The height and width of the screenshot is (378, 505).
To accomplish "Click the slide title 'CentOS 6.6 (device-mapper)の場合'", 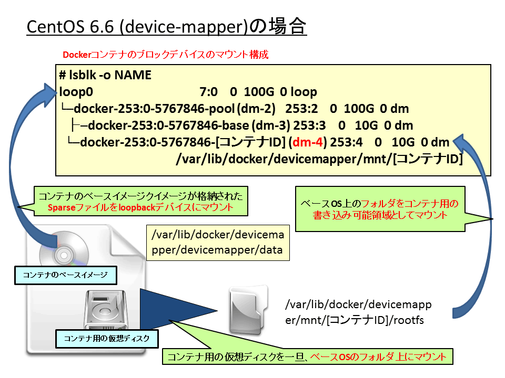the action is [166, 26].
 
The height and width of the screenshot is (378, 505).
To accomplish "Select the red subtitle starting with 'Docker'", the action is [166, 55].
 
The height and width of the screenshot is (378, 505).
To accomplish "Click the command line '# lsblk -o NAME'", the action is [105, 75].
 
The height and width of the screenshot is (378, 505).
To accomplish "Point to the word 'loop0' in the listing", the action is [76, 92].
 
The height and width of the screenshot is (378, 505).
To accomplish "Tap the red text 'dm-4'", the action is [308, 142].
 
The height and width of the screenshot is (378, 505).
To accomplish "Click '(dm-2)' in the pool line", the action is [256, 109].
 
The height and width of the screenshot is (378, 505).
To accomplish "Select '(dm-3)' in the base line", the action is [271, 125].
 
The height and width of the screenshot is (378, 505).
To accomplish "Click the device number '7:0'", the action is [208, 92].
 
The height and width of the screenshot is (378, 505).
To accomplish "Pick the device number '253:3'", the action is [309, 125].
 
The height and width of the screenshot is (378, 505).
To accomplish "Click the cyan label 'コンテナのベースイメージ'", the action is [66, 275].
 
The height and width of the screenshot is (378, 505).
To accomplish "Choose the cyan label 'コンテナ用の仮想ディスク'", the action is [107, 339].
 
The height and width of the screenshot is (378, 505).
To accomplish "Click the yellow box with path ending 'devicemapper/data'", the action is [218, 243].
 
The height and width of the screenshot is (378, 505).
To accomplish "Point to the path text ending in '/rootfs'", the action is [358, 312].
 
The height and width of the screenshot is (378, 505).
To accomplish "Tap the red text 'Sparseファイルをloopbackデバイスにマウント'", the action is [140, 208].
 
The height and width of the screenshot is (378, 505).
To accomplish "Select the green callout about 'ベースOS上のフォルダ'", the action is [380, 209].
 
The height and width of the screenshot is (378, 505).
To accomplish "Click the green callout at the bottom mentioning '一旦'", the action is [307, 356].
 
